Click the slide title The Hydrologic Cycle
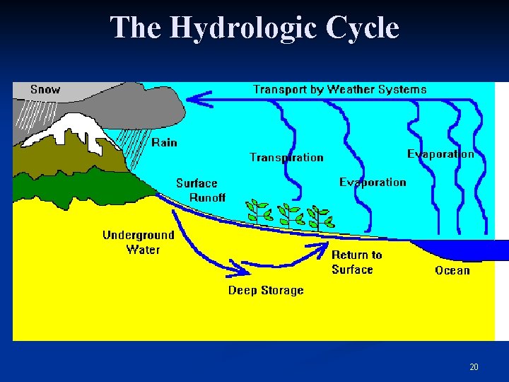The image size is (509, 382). [255, 28]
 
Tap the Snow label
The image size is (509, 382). [45, 90]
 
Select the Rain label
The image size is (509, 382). [164, 142]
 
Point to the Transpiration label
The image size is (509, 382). [286, 157]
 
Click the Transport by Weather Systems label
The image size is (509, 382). [339, 89]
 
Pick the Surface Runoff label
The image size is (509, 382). [201, 190]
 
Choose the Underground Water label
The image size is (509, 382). [139, 242]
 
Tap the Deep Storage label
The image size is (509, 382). [265, 290]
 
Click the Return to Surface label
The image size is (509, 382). [356, 262]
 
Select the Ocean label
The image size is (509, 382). [452, 270]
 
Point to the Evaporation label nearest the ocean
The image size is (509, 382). [440, 154]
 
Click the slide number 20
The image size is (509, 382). [474, 366]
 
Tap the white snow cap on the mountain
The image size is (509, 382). [67, 131]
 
